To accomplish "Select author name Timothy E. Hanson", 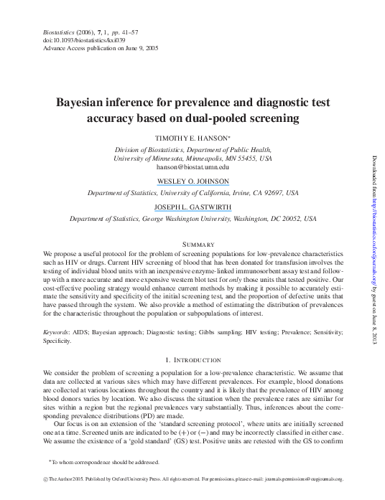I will [x=192, y=136].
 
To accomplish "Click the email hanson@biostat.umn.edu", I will [x=192, y=166].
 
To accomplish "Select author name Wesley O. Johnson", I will [x=192, y=181].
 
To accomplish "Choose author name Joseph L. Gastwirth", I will [x=192, y=206].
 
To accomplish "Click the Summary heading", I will [x=192, y=244].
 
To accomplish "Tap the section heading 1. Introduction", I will [x=192, y=359].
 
